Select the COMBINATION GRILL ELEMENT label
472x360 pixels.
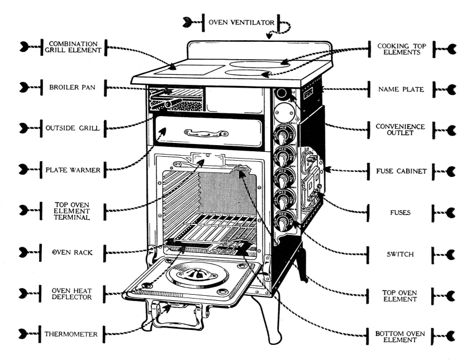coord(73,47)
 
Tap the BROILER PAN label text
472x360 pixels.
coord(73,87)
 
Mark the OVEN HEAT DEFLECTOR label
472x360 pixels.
coord(73,294)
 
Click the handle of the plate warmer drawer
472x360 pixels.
coord(208,133)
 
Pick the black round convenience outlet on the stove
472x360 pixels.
coord(282,92)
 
